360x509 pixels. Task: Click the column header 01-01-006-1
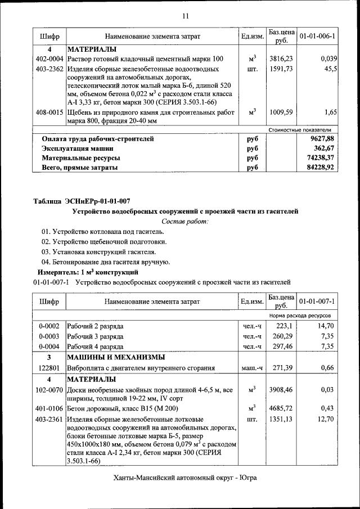pos(317,37)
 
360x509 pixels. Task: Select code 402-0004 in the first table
pos(49,59)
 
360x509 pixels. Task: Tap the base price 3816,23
pos(281,59)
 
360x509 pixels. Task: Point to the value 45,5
pos(330,69)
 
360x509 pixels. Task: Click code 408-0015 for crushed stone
pos(49,112)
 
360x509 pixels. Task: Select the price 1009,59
pos(281,112)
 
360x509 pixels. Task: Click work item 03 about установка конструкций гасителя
pos(99,252)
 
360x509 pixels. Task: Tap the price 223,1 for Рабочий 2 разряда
pos(284,326)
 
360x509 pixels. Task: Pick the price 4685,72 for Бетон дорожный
pos(281,408)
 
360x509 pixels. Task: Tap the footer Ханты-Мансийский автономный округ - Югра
pos(184,478)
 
